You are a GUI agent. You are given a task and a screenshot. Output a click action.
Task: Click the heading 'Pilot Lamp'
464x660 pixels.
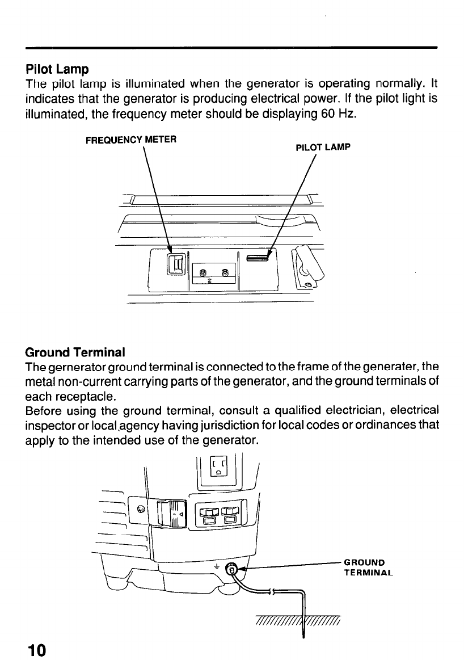(x=57, y=70)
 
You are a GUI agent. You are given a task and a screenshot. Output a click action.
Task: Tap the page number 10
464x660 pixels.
(x=34, y=649)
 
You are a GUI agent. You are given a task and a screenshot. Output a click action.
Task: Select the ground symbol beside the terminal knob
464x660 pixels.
(x=216, y=566)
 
